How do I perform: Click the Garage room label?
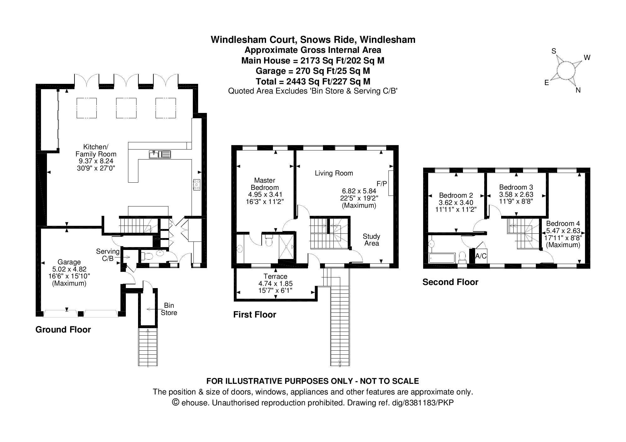click(69, 262)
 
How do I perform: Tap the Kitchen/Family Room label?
click(96, 150)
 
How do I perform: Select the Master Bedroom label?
click(265, 184)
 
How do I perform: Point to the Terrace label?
click(275, 277)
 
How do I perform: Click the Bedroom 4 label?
click(563, 224)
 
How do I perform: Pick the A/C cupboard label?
click(481, 256)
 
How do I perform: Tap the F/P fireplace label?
click(382, 183)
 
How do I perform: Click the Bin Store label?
click(169, 309)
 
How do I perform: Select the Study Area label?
click(372, 240)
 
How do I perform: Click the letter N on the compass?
click(578, 90)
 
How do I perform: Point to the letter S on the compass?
click(554, 51)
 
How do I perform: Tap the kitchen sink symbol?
click(160, 154)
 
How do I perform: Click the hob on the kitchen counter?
click(197, 185)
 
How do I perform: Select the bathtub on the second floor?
click(442, 258)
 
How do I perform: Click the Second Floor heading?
click(450, 282)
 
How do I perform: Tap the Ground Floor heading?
click(63, 330)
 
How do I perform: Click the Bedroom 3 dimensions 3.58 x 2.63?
click(516, 194)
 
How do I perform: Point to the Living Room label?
click(334, 173)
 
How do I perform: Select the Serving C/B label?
click(108, 255)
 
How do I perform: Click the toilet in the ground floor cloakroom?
click(147, 257)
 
